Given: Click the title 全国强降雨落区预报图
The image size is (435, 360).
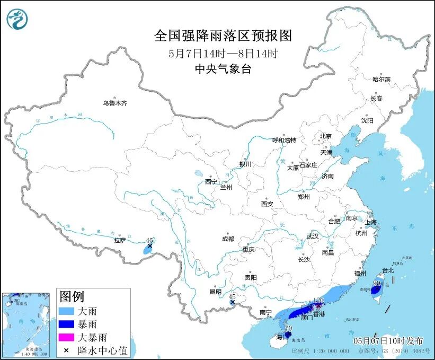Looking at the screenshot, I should (223, 36).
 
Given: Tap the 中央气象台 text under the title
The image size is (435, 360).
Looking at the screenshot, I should (223, 68).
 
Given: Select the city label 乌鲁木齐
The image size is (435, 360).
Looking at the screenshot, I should (115, 103).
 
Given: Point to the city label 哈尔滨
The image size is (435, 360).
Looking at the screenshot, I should (381, 79).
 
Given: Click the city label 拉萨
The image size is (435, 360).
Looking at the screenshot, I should (119, 240).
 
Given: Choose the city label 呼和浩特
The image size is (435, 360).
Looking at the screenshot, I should (284, 140).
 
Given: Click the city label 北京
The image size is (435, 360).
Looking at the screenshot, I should (325, 136).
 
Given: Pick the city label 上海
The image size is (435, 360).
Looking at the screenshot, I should (371, 222).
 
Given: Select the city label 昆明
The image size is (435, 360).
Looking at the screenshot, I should (216, 292).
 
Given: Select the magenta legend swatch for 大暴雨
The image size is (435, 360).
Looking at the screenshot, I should (67, 337).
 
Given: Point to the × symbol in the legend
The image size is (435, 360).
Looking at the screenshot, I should (67, 350).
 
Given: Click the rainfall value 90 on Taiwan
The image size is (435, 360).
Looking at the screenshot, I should (377, 283).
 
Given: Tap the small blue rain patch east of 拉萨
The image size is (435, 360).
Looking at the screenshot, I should (148, 248).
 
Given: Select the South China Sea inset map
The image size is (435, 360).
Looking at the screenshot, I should (27, 323).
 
